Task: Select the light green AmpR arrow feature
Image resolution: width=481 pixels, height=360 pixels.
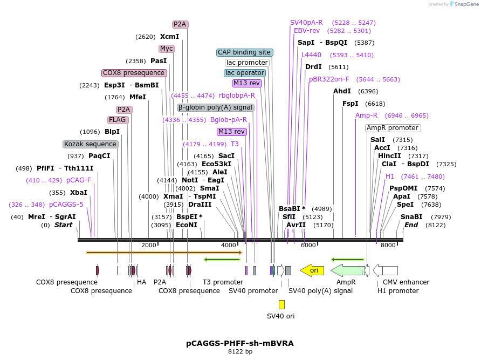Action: point(347,270)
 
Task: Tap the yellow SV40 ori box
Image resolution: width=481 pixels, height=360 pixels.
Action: point(281,304)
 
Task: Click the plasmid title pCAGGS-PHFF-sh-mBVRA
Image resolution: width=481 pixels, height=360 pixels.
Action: point(240,343)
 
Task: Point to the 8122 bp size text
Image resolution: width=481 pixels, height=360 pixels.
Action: point(240,351)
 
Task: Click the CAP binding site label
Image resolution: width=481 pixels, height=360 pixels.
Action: point(244,52)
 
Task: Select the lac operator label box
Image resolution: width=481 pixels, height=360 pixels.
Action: point(245,73)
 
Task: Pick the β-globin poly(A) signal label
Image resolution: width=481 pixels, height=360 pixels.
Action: point(215,107)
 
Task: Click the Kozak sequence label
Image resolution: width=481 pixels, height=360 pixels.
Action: point(90,144)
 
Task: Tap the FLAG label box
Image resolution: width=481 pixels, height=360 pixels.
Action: point(118,120)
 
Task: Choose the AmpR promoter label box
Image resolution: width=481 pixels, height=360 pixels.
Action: point(393,128)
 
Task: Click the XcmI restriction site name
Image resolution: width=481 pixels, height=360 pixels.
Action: point(169,37)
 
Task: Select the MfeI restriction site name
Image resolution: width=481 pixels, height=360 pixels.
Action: point(138,97)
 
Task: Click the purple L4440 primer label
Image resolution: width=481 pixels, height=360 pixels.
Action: point(311,55)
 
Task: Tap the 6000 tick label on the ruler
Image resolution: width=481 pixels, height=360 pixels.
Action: point(308,245)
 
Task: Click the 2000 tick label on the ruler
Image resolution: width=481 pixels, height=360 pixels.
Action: point(149,245)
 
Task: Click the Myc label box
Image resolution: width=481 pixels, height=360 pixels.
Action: point(167,49)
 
